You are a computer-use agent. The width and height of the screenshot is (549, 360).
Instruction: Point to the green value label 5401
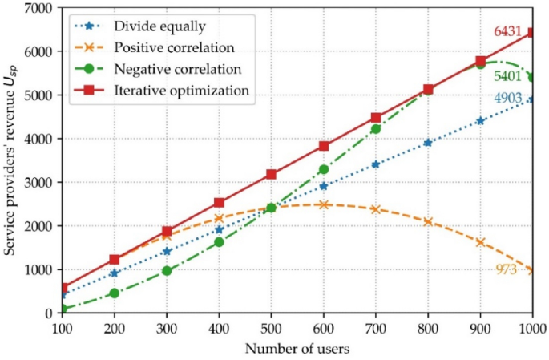[x=508, y=77]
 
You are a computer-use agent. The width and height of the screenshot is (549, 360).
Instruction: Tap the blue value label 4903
[x=508, y=98]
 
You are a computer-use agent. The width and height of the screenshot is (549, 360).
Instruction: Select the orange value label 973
[x=507, y=269]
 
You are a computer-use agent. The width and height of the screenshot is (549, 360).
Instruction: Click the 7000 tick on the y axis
[x=38, y=8]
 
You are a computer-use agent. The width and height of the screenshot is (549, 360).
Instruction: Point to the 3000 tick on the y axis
[x=38, y=183]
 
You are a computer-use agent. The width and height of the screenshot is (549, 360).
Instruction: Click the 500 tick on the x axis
[x=271, y=328]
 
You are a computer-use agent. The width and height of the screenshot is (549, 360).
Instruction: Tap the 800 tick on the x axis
[x=428, y=328]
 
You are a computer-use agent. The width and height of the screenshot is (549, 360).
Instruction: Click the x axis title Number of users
[x=297, y=349]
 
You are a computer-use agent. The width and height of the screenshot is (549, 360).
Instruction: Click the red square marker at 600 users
[x=324, y=146]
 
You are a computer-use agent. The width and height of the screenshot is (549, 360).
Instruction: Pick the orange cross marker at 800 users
[x=428, y=221]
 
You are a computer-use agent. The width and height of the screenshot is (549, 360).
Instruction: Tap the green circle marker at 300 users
[x=167, y=271]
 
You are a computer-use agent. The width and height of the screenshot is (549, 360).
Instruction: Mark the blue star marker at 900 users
[x=480, y=121]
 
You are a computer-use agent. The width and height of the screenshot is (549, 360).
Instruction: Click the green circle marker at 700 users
[x=376, y=129]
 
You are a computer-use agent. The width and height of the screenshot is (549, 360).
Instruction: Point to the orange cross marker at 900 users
[x=480, y=242]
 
